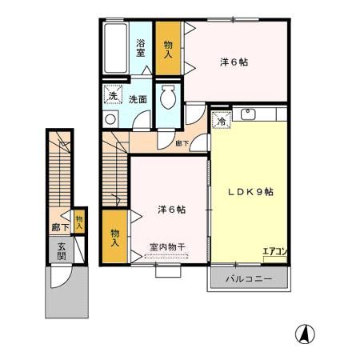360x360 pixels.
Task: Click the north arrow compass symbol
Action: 305,333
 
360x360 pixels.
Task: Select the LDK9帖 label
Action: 249,192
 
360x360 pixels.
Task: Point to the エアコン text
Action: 275,252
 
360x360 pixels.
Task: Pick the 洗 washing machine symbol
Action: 114,96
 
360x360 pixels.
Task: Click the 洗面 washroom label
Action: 138,100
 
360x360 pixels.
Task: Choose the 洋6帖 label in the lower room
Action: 171,210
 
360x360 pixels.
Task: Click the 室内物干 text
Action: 168,248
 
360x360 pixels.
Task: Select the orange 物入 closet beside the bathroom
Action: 168,49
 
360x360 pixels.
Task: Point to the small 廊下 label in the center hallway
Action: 182,144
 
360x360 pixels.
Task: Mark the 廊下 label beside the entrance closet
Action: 60,227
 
